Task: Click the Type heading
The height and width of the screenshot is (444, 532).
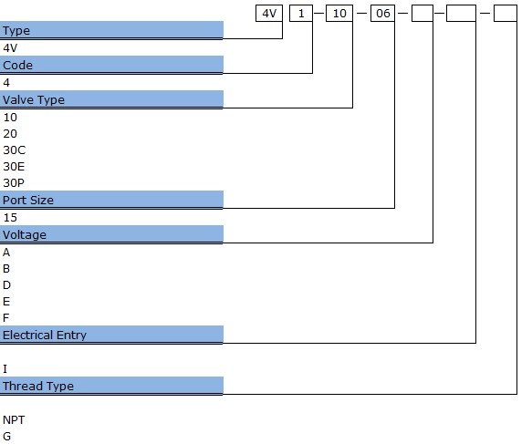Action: pos(16,31)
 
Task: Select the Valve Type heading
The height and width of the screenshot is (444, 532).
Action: pos(34,100)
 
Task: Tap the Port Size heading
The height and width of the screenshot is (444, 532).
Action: pos(28,201)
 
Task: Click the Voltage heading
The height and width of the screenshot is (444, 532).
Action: pos(25,235)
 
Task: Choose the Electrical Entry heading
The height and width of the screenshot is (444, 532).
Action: pos(45,336)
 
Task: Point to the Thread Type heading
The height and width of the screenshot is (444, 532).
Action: pos(38,386)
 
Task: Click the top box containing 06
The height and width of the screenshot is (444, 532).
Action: pos(382,13)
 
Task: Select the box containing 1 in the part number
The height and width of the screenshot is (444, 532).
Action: pos(301,13)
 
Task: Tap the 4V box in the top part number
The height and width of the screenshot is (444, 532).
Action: pos(269,13)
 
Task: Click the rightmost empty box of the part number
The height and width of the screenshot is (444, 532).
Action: pos(506,13)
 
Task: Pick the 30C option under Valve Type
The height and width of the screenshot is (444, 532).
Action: pos(15,150)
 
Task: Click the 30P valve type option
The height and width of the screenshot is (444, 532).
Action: pos(14,183)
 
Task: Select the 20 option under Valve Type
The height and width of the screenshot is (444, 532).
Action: pos(10,134)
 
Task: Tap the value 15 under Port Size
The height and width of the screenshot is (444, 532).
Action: pos(10,218)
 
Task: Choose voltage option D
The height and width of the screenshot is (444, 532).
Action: pos(6,285)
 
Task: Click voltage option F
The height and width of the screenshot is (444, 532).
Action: pos(5,318)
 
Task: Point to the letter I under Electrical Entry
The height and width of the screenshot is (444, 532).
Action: pos(5,368)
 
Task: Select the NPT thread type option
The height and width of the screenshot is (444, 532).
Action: pos(14,420)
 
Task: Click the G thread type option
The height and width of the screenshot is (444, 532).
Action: pos(6,436)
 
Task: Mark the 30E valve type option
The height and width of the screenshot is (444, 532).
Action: pos(14,167)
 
